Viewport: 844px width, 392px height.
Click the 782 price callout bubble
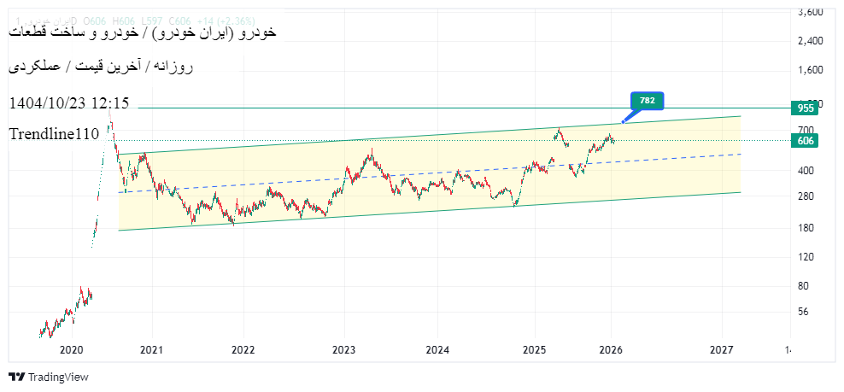click(x=647, y=101)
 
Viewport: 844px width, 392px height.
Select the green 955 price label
click(x=806, y=108)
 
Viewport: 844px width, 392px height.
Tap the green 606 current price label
click(x=806, y=141)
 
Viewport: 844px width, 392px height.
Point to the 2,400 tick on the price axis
click(x=810, y=41)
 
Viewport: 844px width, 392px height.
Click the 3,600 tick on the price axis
click(x=810, y=13)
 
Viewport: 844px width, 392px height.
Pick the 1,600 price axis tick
click(x=810, y=70)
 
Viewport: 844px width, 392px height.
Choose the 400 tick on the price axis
click(x=806, y=171)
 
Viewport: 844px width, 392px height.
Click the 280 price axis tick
click(x=806, y=196)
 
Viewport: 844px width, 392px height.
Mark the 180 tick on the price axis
click(x=806, y=228)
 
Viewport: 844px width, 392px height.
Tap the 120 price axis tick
click(x=806, y=257)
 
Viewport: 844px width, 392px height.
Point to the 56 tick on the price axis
click(x=804, y=312)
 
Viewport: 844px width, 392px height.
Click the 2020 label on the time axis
click(x=71, y=350)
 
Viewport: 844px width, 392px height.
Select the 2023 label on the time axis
click(x=343, y=350)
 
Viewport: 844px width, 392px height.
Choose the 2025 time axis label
click(x=534, y=350)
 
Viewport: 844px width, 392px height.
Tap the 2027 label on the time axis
click(x=722, y=350)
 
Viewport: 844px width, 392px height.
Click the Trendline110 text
click(x=55, y=134)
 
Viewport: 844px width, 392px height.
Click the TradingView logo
click(x=49, y=377)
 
